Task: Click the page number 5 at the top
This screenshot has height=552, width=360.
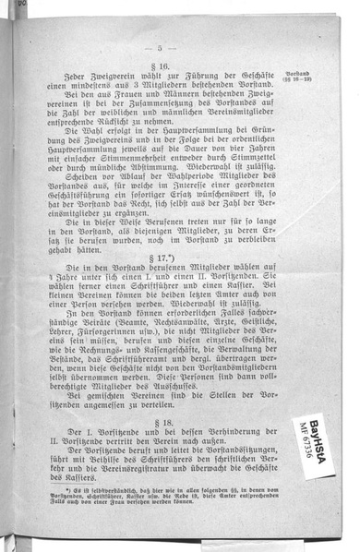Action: click(160, 48)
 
